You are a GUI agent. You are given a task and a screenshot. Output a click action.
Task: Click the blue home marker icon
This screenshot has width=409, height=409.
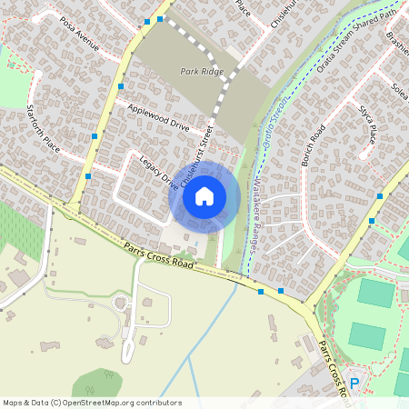click(204, 195)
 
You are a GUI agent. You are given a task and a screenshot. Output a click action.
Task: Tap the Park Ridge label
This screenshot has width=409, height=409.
click(201, 70)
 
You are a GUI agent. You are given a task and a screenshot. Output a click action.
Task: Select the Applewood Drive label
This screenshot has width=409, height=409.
click(158, 117)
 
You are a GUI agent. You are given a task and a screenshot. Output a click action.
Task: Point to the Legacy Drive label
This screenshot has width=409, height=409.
click(159, 172)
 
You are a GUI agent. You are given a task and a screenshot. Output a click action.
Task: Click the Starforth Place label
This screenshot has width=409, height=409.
click(44, 130)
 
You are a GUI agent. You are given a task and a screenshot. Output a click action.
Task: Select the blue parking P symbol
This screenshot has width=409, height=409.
click(354, 384)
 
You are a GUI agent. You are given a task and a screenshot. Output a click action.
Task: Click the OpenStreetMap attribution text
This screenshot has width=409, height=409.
click(92, 402)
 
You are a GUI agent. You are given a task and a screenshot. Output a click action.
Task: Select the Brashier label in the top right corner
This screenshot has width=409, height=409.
click(395, 45)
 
